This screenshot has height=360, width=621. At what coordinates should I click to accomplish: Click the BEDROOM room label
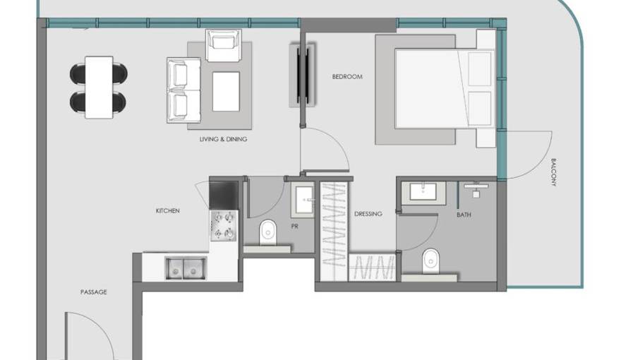[x=347, y=76]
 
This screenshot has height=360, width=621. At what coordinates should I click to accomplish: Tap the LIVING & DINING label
[x=224, y=139]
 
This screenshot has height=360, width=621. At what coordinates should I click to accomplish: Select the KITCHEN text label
[x=167, y=210]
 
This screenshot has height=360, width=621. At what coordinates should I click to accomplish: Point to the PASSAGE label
[x=93, y=292]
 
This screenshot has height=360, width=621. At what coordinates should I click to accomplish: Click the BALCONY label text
[x=553, y=172]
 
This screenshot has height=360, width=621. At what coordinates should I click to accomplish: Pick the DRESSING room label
[x=368, y=214]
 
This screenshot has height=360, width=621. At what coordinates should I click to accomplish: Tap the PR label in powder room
[x=294, y=227]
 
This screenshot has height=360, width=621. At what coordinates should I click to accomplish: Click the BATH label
[x=464, y=215]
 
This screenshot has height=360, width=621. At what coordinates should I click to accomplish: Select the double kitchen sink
[x=186, y=268]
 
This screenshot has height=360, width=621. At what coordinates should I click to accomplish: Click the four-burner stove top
[x=224, y=226]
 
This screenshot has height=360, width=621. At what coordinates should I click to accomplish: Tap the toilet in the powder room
[x=268, y=233]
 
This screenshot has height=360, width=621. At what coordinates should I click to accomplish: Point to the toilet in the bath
[x=430, y=261]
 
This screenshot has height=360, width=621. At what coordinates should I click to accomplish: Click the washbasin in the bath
[x=423, y=192]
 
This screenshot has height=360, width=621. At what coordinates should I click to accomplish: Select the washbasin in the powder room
[x=304, y=200]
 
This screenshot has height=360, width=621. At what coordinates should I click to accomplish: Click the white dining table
[x=99, y=87]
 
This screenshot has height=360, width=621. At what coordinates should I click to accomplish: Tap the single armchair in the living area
[x=224, y=45]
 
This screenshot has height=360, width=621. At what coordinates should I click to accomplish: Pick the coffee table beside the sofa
[x=226, y=92]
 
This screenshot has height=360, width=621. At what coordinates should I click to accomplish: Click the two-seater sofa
[x=183, y=90]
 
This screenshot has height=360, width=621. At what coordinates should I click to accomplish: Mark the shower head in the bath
[x=476, y=189]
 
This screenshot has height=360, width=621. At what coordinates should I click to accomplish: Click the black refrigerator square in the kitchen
[x=224, y=195]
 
